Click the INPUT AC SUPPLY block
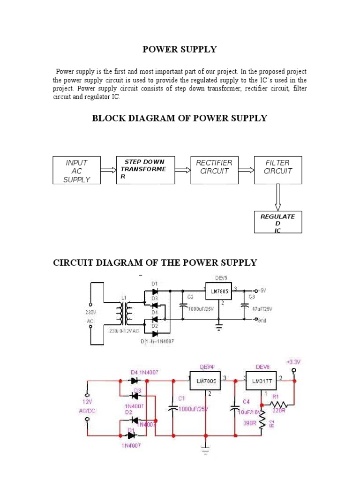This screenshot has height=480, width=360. coord(76,171)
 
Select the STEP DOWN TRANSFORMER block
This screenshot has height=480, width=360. coord(145,169)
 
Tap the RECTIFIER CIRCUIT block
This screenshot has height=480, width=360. coord(214,169)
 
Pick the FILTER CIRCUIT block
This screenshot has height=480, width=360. coord(278,169)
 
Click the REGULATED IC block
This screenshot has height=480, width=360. coord(278,222)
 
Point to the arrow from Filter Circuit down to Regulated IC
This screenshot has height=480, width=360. coord(278,197)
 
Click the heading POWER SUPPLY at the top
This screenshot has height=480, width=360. coord(180,49)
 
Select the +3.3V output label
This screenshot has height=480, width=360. coord(294,362)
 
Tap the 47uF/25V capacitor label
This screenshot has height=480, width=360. coord(262,309)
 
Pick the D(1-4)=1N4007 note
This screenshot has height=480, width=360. coord(157,341)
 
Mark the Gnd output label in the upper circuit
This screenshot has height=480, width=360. coord(262,320)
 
